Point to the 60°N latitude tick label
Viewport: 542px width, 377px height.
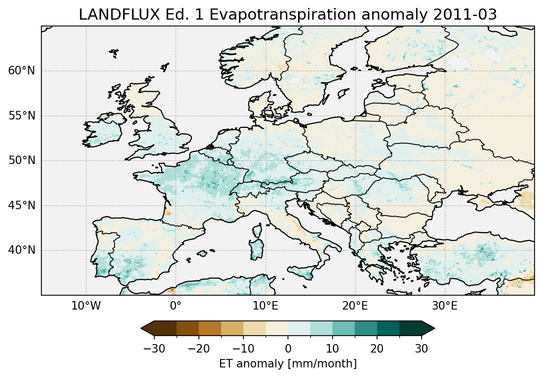coord(21,71)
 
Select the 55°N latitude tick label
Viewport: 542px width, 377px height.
coord(21,116)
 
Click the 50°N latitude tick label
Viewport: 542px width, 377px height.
coord(21,160)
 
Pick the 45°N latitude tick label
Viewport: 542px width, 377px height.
coord(21,205)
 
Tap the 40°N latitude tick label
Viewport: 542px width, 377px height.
coord(21,250)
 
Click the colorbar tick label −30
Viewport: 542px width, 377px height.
coord(154,348)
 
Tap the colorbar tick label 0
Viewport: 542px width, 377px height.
coord(288,348)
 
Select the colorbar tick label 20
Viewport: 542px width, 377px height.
coord(377,348)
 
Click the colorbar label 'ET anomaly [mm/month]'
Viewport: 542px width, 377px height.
coord(288,364)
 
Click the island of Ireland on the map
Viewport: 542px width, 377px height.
coord(103,133)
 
